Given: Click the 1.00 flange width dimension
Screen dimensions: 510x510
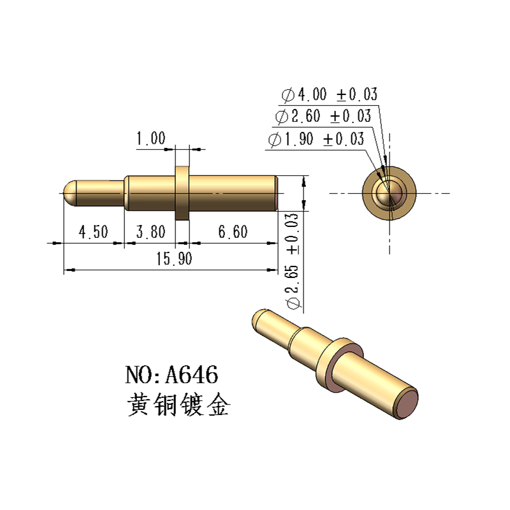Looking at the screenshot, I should point(150,138).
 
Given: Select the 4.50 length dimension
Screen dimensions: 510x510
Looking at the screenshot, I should point(93,232).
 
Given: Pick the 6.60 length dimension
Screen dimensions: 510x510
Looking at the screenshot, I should point(233,232).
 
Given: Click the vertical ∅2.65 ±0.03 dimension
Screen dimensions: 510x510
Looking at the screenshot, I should point(293,261).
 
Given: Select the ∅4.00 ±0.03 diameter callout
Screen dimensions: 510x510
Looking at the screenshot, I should point(330,96).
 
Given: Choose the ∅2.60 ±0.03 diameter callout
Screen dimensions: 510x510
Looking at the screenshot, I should point(323,117).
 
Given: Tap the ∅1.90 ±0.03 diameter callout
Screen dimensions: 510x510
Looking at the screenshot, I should point(317,139).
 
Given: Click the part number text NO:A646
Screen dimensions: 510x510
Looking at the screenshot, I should point(172,374).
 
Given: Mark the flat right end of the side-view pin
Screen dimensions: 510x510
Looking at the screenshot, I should point(276,193).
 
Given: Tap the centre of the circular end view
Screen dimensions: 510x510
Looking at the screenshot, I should point(389,193).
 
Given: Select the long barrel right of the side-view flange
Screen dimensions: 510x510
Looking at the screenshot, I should point(233,193).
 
